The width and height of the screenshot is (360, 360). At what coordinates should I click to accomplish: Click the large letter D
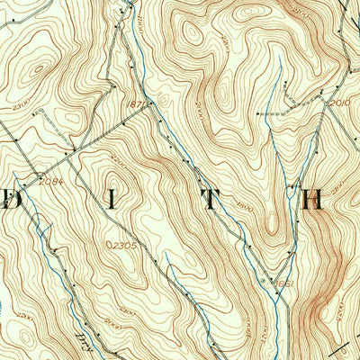tap(11, 201)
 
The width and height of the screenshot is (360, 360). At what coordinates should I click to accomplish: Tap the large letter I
tap(112, 201)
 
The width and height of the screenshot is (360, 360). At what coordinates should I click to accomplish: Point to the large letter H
tap(311, 201)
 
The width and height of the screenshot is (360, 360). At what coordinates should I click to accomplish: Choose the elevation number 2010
tap(337, 103)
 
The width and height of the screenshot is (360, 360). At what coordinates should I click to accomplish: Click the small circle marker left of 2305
tap(107, 244)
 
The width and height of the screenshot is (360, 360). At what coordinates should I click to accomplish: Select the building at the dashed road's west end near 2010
tap(258, 114)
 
